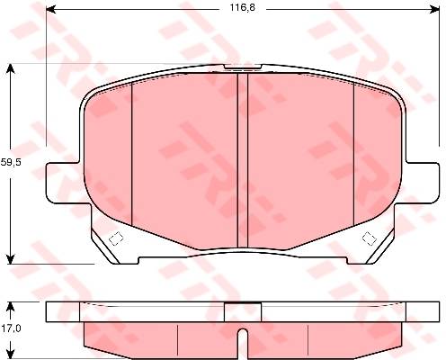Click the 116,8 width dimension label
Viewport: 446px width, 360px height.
(x=243, y=7)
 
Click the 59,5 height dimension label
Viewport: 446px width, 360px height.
(x=11, y=162)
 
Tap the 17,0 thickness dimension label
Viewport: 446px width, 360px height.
(x=11, y=328)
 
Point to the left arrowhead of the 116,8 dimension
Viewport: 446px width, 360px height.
(x=51, y=10)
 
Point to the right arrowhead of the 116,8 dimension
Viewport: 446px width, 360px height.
(x=434, y=10)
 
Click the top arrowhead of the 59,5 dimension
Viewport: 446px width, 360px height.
(x=11, y=68)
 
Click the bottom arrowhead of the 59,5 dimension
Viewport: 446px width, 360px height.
(x=11, y=259)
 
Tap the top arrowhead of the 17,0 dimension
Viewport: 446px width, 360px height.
(x=11, y=307)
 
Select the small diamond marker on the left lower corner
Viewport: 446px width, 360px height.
(x=116, y=238)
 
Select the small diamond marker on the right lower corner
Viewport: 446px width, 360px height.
(x=369, y=238)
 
